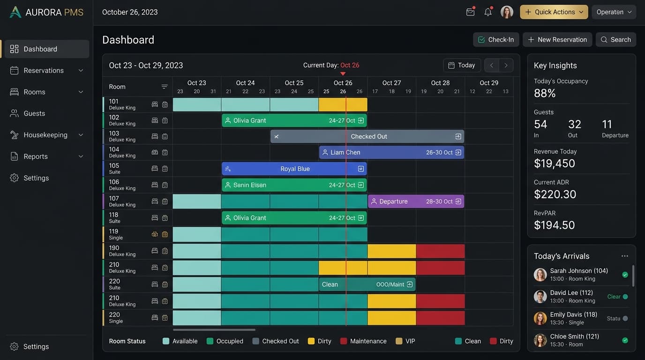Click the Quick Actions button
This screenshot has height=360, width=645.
tap(554, 12)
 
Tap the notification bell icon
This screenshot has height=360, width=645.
tap(488, 12)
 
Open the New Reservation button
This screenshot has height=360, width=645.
tap(557, 39)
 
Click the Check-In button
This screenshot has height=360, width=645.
tap(496, 39)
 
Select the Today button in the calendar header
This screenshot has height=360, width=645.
tap(462, 65)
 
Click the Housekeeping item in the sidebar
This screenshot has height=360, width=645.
tap(45, 135)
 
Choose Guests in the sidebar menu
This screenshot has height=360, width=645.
tap(34, 113)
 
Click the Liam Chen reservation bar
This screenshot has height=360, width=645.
tap(391, 152)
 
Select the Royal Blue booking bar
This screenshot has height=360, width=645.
tap(294, 169)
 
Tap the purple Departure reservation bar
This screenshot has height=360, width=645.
tap(416, 201)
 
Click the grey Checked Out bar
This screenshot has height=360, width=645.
tap(367, 136)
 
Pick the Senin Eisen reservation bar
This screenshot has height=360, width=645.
tap(294, 185)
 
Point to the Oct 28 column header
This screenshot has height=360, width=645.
tap(440, 83)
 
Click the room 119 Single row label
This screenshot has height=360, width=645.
tap(116, 234)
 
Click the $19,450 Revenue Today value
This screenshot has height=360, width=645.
tap(554, 164)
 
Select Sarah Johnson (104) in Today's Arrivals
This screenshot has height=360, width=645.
tap(579, 271)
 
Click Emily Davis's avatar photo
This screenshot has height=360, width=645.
tap(540, 319)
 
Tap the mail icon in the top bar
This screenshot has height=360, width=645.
tap(470, 12)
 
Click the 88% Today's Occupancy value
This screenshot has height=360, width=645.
tap(545, 93)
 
